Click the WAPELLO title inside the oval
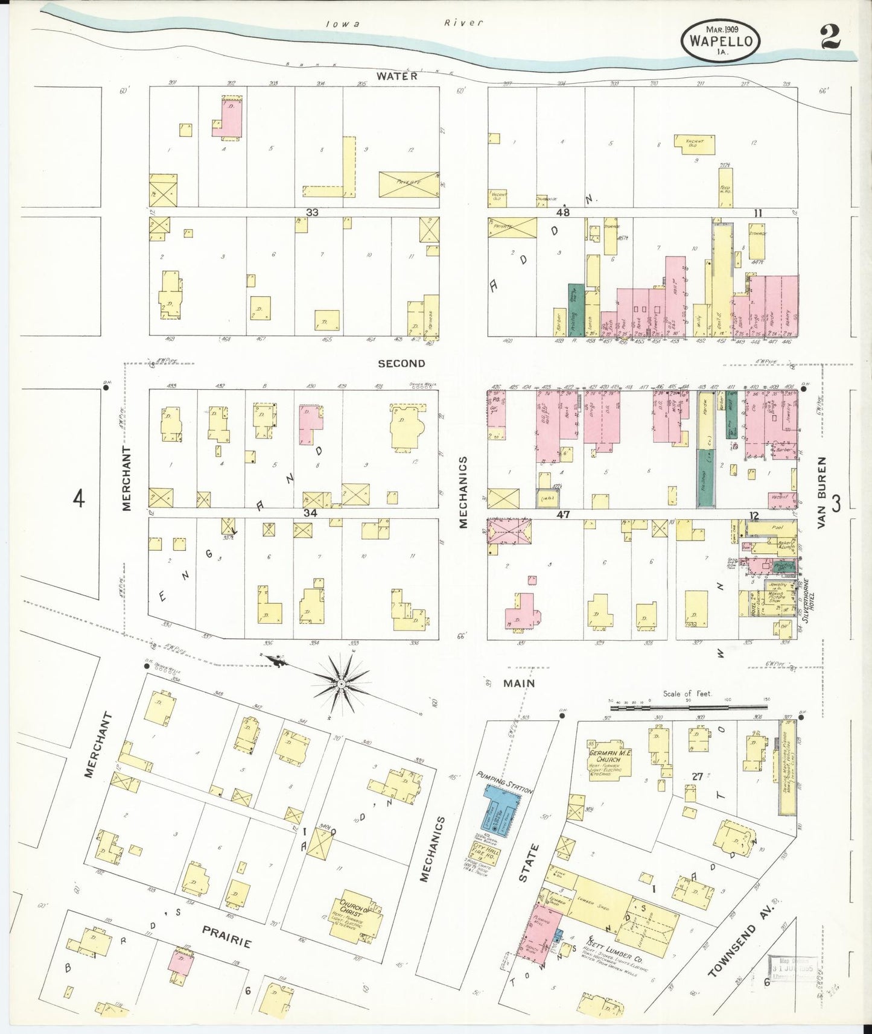[x=721, y=42]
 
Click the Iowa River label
[x=404, y=24]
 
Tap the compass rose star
[x=342, y=684]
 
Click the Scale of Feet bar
[x=688, y=705]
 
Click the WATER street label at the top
[x=397, y=76]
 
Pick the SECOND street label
[x=401, y=363]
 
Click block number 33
[x=312, y=212]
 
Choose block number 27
[x=697, y=777]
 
